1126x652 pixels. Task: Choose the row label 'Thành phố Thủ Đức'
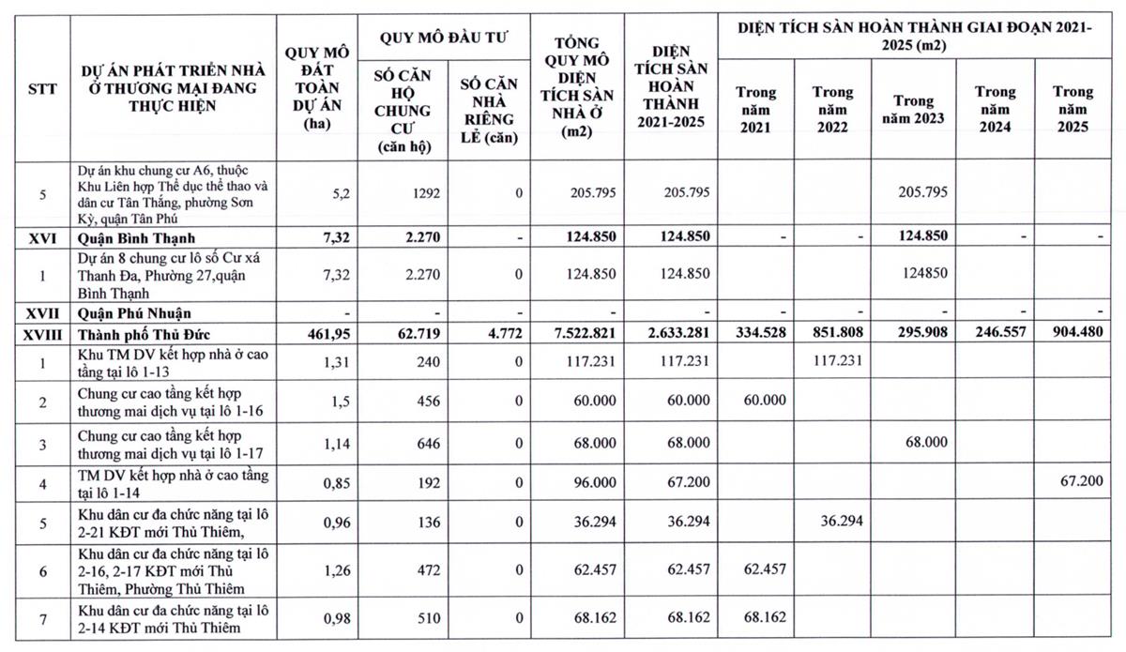[150, 333]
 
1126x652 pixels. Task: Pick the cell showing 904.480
[1073, 333]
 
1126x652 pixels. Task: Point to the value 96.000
[590, 482]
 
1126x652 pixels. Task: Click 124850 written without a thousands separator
[925, 273]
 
